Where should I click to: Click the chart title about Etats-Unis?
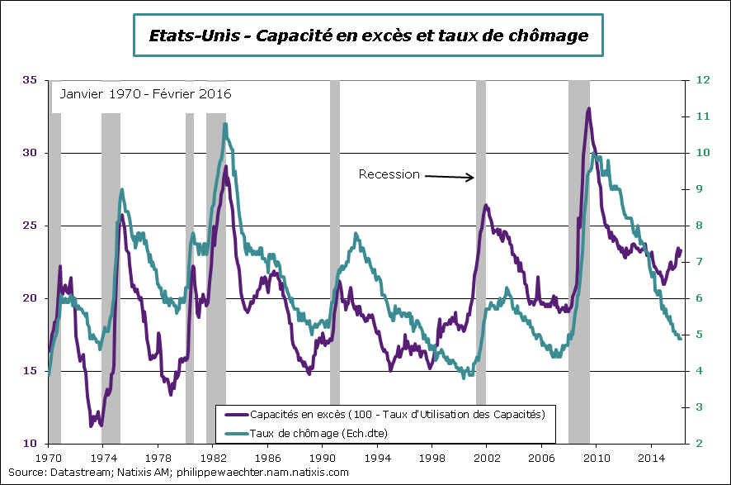(x=368, y=36)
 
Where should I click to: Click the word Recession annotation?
(x=389, y=174)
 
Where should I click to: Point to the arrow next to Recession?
(x=450, y=176)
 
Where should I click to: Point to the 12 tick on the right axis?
(x=703, y=80)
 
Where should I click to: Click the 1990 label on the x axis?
(x=323, y=456)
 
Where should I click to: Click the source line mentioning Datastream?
(x=178, y=473)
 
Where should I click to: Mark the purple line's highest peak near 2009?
(x=588, y=108)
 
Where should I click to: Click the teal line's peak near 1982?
(x=225, y=125)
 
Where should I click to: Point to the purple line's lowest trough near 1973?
(x=101, y=425)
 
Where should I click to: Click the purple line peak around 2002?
(x=486, y=205)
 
